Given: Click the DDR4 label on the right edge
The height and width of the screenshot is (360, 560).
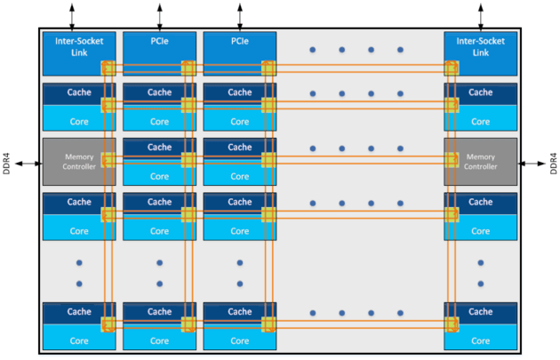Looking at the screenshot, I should [x=551, y=163].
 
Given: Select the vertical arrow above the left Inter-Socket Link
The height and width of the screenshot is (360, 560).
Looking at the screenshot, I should [x=73, y=14].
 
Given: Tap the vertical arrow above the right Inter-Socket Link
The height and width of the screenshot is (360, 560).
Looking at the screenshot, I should [x=481, y=14].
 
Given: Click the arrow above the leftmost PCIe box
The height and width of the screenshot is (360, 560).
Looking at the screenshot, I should [x=160, y=14].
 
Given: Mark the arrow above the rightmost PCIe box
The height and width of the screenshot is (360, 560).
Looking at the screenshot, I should [x=240, y=14].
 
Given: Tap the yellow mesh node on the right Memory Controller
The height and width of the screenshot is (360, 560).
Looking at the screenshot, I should [x=452, y=160].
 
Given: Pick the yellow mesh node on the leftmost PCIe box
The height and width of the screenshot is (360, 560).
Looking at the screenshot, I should [x=188, y=68].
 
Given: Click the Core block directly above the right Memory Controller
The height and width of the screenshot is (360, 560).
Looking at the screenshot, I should [x=480, y=121].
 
